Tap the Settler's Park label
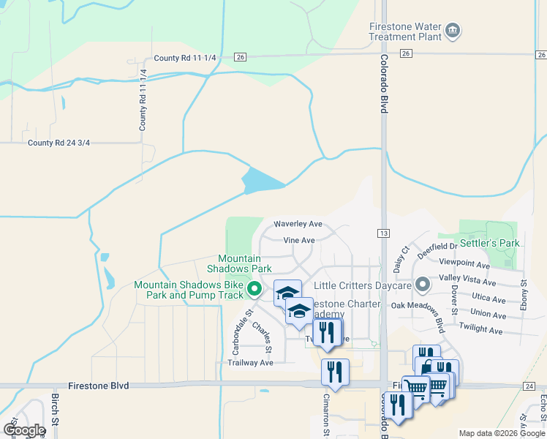point(489,242)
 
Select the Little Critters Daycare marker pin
point(422,284)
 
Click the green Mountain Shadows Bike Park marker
point(254,290)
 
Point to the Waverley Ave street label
point(298,224)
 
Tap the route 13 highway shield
point(383,233)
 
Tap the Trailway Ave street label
point(250,362)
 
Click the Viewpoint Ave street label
point(464,264)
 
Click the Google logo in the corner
point(23,430)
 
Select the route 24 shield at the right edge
point(529,386)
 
